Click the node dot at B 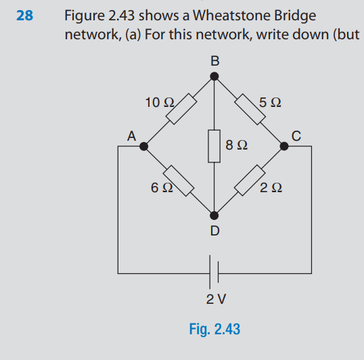(x=214, y=76)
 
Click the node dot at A (x=143, y=145)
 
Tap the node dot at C (x=285, y=145)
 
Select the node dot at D (x=214, y=215)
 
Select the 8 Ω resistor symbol (x=214, y=145)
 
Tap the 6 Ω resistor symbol (x=180, y=179)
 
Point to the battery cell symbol (x=214, y=272)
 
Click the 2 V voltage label (x=215, y=298)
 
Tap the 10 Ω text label (x=160, y=103)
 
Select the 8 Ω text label (x=235, y=145)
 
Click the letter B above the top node (x=214, y=61)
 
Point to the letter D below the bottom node (x=214, y=231)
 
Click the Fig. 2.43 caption (x=214, y=330)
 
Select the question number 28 (x=24, y=15)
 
